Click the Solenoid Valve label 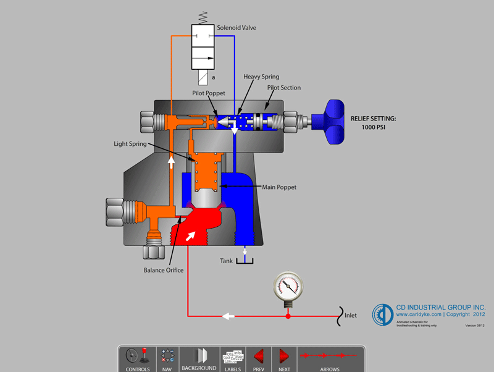click(236, 28)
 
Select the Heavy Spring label click(261, 77)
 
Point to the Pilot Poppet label click(209, 93)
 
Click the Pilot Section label click(284, 88)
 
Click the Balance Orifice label click(164, 270)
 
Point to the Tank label click(227, 261)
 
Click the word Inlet click(351, 316)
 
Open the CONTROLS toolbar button click(137, 358)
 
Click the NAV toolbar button click(167, 358)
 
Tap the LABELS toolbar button click(233, 358)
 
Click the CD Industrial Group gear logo click(382, 315)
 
